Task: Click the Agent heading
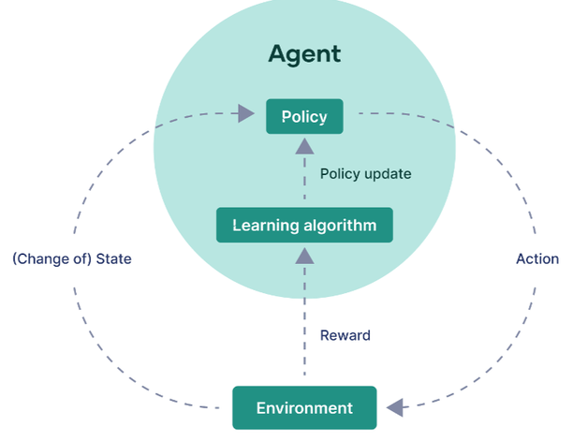coord(304,54)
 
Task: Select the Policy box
coord(304,116)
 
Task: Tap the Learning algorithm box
coord(304,225)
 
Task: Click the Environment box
coord(304,407)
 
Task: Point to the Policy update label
coord(365,174)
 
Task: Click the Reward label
coord(345,335)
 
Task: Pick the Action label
coord(537,258)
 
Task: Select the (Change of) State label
coord(72,259)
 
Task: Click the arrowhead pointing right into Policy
coord(246,113)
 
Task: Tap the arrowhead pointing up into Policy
coord(304,146)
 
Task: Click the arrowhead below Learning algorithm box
coord(304,256)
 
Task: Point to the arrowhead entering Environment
coord(395,407)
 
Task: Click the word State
coord(114,258)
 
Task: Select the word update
coord(388,174)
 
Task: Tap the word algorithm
coord(340,226)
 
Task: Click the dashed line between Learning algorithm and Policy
coord(304,177)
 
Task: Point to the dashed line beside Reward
coord(304,319)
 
